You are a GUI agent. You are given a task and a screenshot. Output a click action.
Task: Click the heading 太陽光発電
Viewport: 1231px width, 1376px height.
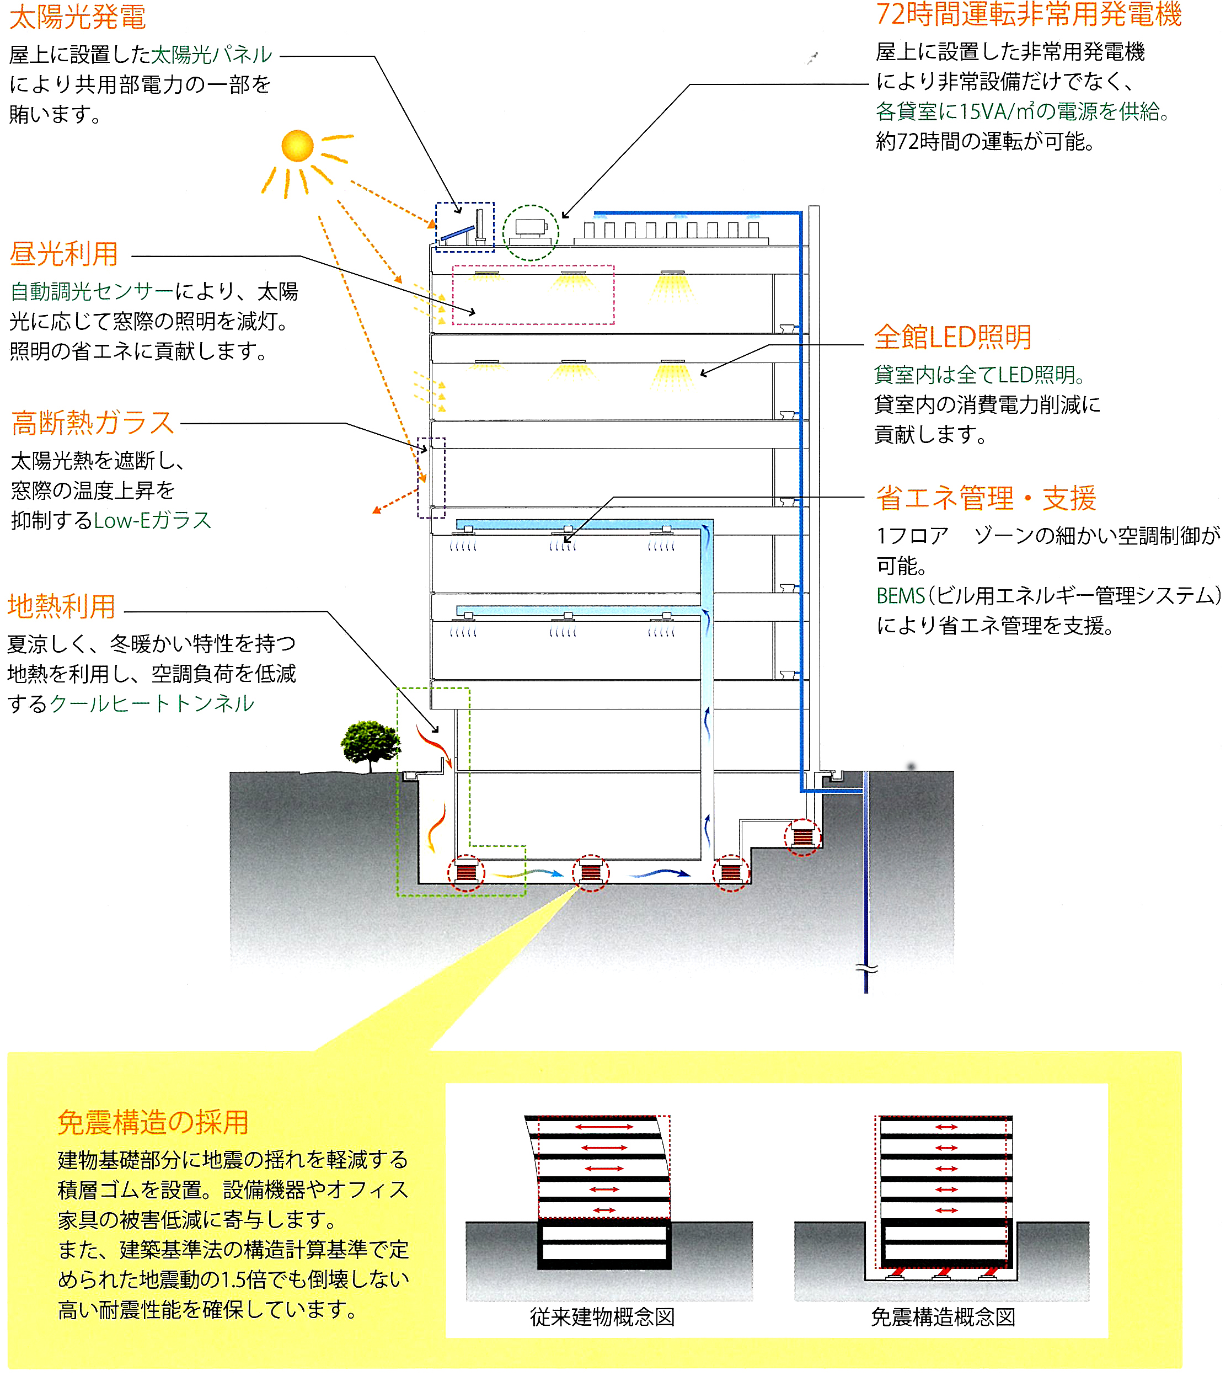coord(78,18)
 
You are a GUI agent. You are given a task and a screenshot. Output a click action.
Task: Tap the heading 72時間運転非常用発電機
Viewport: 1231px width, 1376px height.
coord(1028,15)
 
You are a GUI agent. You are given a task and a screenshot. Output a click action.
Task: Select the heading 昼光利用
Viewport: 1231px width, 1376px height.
coord(65,254)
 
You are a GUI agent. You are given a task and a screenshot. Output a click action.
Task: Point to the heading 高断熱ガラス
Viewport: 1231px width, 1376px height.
coord(93,424)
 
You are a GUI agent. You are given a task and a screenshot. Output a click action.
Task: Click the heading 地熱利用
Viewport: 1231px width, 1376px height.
coord(62,606)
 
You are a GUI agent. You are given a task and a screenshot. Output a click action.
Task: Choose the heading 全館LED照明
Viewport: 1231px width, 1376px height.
coord(952,337)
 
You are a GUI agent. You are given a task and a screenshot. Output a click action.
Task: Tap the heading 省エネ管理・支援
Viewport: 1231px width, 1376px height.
coord(986,499)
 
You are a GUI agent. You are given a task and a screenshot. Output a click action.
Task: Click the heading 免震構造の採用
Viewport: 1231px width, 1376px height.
coord(153,1123)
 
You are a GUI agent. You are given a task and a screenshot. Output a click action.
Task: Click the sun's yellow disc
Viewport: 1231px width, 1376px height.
coord(298,146)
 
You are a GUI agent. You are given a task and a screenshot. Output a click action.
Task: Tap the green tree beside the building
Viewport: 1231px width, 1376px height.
coord(370,743)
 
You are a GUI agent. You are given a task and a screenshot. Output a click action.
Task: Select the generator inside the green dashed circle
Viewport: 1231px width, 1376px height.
coord(531,230)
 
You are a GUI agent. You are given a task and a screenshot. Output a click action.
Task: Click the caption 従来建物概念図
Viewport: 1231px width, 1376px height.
coord(602,1317)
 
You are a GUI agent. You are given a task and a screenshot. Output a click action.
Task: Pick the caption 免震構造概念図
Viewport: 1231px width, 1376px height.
coord(943,1317)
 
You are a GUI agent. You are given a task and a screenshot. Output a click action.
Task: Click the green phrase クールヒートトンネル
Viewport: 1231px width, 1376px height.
coord(152,704)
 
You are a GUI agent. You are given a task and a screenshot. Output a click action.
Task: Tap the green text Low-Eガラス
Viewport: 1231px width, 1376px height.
coord(153,520)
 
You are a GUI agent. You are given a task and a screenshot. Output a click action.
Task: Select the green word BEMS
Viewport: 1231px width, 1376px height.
coord(900,596)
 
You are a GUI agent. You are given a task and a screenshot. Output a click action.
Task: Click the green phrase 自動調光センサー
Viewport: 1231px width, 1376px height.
coord(92,291)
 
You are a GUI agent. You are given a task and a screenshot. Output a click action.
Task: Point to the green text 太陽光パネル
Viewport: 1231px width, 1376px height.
coord(211,55)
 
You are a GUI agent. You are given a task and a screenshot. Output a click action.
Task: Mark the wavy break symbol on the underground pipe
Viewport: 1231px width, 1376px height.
coord(866,969)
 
